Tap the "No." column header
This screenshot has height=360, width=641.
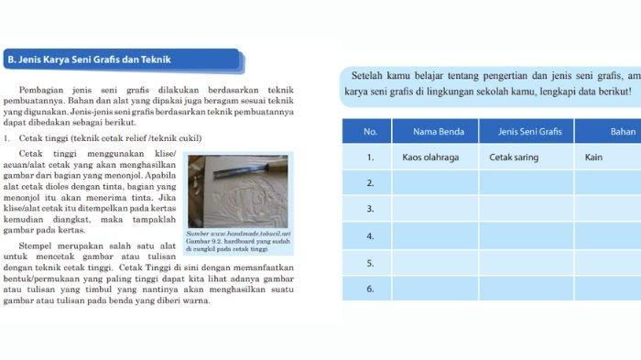click(370, 132)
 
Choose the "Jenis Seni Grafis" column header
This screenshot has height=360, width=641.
click(526, 132)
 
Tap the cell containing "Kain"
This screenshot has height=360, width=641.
click(593, 158)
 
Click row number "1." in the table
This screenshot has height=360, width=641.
click(370, 158)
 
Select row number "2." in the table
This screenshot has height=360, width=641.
click(370, 183)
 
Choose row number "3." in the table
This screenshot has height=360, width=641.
click(370, 209)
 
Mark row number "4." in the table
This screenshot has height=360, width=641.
click(370, 236)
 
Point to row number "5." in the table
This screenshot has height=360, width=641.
click(370, 263)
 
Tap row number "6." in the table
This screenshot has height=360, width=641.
click(370, 289)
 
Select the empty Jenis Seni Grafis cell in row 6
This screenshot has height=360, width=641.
click(526, 289)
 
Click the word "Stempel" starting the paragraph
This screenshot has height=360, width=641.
click(38, 245)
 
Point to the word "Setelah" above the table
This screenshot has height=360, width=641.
click(367, 74)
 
